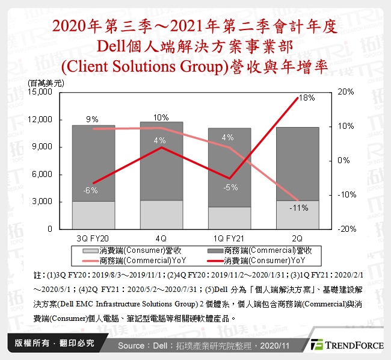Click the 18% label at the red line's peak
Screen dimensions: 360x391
[307, 98]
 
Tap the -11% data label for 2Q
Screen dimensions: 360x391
[298, 208]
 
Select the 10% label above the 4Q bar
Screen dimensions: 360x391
[161, 117]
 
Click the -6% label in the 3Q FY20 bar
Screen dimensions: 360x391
[90, 190]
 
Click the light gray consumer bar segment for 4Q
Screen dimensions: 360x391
[161, 214]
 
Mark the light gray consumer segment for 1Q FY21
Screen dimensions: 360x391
[230, 218]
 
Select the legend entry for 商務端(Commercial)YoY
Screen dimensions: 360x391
[135, 259]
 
